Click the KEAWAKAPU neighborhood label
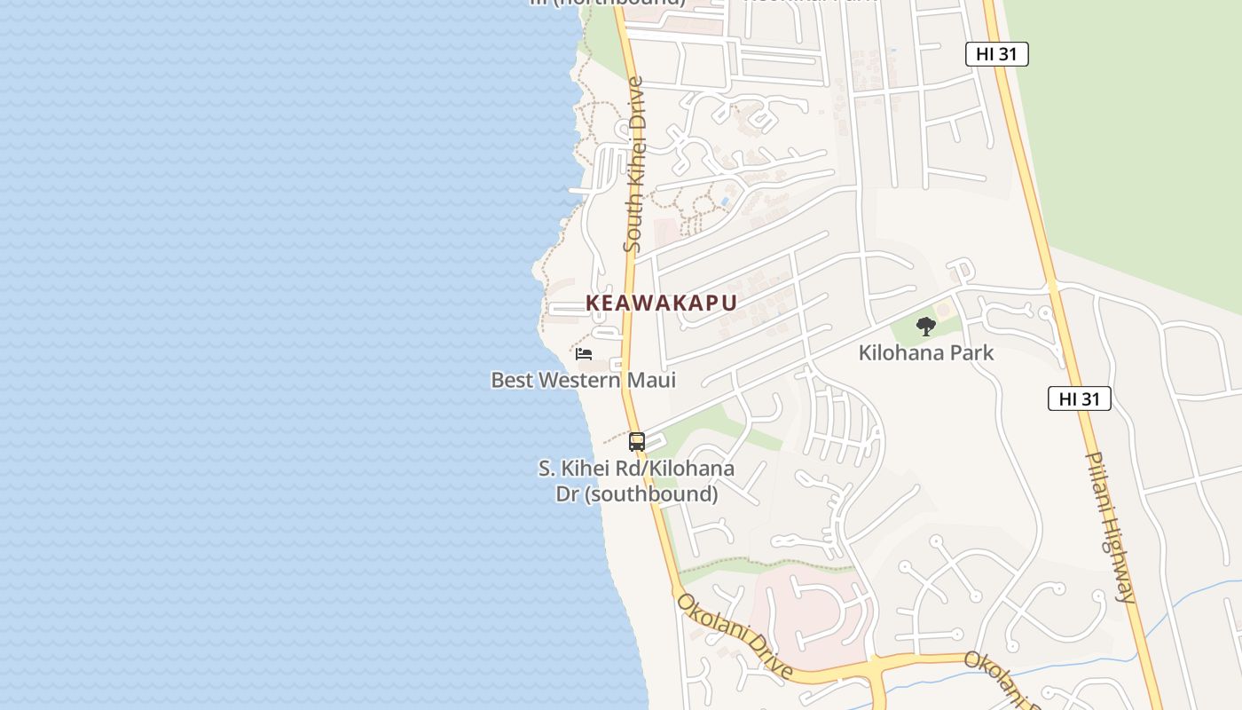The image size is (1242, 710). [x=661, y=303]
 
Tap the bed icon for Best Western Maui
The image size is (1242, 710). [x=584, y=353]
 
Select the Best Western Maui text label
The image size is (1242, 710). [x=583, y=380]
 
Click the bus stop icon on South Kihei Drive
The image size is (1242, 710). [x=636, y=441]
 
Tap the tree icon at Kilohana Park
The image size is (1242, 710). [x=925, y=327]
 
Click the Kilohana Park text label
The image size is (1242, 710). [x=925, y=352]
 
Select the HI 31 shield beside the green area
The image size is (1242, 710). [x=996, y=54]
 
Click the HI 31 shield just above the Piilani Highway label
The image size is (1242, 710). [x=1079, y=398]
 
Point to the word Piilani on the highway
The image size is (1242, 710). [x=1101, y=484]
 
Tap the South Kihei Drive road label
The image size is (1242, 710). [x=633, y=164]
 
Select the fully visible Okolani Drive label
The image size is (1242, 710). [x=734, y=635]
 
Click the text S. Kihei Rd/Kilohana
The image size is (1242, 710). [x=636, y=468]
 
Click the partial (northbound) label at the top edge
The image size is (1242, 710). [x=608, y=3]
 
